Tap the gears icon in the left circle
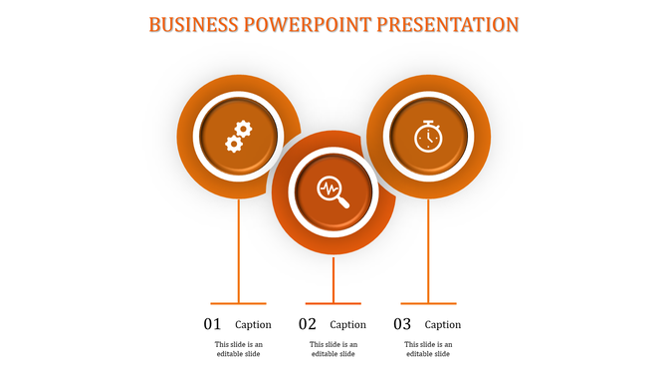[x=238, y=137]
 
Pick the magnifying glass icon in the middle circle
[x=333, y=190]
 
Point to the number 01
[x=213, y=324]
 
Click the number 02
[x=308, y=324]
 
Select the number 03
[x=402, y=324]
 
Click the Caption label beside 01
[x=253, y=324]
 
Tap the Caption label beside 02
[x=348, y=324]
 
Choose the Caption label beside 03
[x=443, y=324]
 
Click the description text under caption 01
[x=238, y=349]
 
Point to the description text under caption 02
[x=333, y=349]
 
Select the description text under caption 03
[x=428, y=349]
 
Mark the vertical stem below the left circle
[x=238, y=249]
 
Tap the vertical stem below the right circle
[x=428, y=249]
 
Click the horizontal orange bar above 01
[x=238, y=302]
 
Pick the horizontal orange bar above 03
[x=428, y=302]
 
